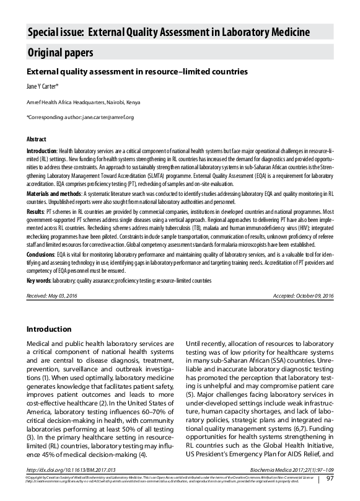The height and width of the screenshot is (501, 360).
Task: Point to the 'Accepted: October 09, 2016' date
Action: [x=303, y=296]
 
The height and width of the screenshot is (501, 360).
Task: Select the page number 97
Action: [x=330, y=479]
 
